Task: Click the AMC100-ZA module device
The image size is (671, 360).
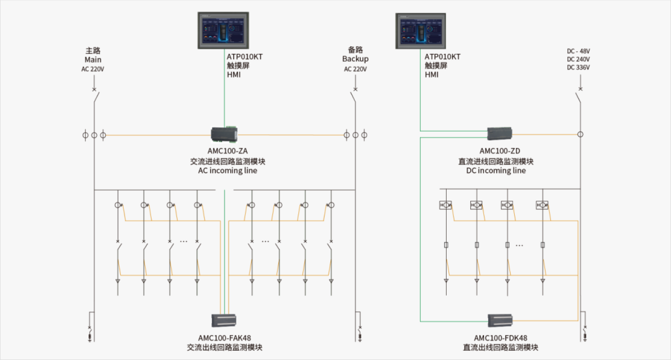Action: [224, 135]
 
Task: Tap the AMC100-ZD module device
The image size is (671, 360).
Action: [500, 134]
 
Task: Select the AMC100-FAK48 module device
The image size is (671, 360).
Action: [224, 320]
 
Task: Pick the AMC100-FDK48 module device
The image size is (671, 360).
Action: [500, 320]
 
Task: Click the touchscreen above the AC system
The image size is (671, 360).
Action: [223, 30]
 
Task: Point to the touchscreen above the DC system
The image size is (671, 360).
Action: [421, 30]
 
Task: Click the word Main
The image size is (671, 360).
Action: [93, 60]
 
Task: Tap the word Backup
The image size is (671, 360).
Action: [355, 59]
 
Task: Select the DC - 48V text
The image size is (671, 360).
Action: [578, 51]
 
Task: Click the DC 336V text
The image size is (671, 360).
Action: [578, 68]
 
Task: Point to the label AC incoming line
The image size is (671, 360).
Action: [228, 170]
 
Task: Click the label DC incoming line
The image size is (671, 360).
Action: [496, 170]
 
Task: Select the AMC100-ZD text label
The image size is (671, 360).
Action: [500, 151]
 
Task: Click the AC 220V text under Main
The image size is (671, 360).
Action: [93, 69]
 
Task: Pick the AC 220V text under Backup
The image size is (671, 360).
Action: [355, 69]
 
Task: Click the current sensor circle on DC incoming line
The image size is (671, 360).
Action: [580, 135]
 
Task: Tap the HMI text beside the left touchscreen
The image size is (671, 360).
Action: [234, 75]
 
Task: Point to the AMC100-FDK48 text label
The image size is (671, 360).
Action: [501, 338]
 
